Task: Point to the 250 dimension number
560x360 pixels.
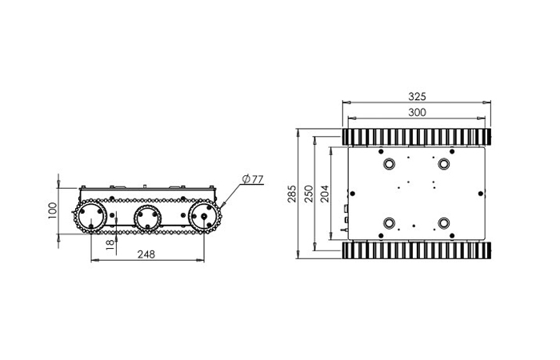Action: [x=308, y=194]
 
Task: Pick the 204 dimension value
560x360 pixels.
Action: [x=324, y=194]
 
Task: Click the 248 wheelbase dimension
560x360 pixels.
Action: [x=146, y=254]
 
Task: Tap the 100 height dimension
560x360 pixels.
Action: [x=53, y=210]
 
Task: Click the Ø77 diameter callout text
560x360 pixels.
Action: [x=252, y=179]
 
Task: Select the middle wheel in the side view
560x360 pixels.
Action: [x=147, y=217]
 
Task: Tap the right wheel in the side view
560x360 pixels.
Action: [x=205, y=217]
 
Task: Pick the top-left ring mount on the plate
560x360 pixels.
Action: [x=390, y=164]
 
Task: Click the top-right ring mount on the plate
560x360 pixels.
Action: [x=442, y=164]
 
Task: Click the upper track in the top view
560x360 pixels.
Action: [x=416, y=136]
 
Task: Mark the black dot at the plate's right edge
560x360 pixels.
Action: [x=480, y=193]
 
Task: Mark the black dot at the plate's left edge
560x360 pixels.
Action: [x=350, y=193]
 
